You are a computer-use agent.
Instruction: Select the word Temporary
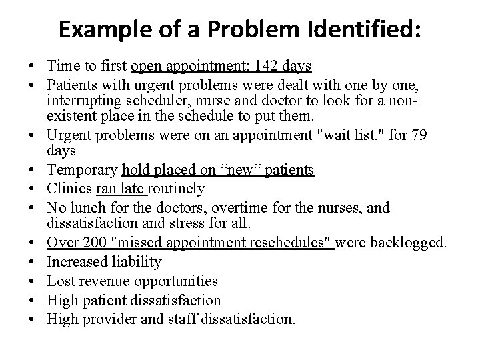(79, 170)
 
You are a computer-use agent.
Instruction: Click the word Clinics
(67, 189)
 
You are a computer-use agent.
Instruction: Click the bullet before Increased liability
(32, 262)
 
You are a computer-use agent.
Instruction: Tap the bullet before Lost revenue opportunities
(32, 281)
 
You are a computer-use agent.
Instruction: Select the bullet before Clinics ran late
(32, 189)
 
